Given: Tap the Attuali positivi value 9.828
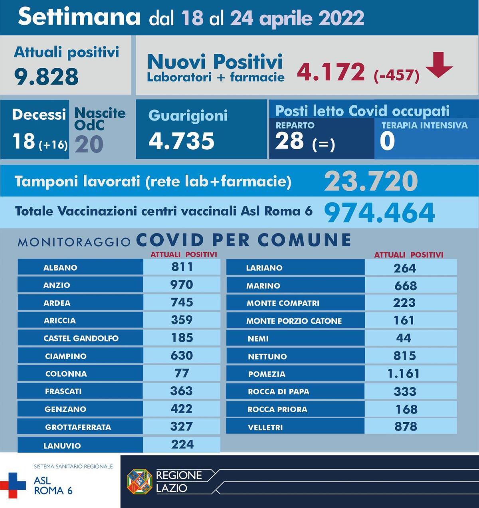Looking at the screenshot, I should click(x=46, y=76).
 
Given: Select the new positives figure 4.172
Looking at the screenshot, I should click(x=331, y=72).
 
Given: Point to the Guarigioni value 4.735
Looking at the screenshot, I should click(x=181, y=141).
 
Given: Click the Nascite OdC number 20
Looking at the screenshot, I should click(x=89, y=144).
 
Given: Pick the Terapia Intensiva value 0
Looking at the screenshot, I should click(x=387, y=141).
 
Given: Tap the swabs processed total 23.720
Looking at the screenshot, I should click(x=371, y=182).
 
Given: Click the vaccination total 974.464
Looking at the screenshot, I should click(x=379, y=213).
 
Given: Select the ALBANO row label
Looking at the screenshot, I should click(x=60, y=267).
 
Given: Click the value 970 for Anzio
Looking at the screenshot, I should click(x=182, y=285).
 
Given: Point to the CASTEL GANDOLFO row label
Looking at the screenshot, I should click(x=81, y=338).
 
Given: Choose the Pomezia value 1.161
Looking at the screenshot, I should click(x=404, y=374).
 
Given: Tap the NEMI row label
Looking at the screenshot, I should click(x=258, y=338).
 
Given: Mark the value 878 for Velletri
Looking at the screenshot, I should click(x=406, y=427).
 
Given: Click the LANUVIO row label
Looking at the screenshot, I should click(x=62, y=445).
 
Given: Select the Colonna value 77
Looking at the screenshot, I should click(x=182, y=373).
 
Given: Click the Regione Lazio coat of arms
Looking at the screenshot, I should click(x=139, y=481).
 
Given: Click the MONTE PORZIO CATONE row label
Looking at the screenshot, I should click(x=294, y=321).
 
